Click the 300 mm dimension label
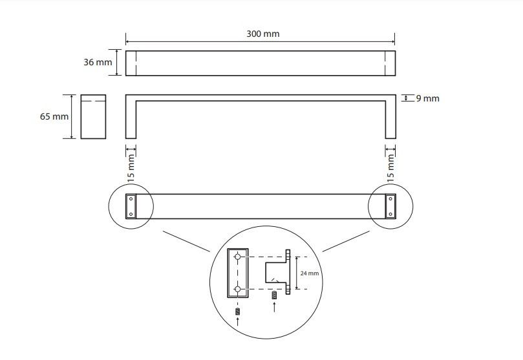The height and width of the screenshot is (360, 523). (x=263, y=34)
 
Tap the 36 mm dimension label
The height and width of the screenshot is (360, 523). (x=98, y=62)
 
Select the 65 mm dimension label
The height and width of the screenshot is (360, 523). (x=54, y=116)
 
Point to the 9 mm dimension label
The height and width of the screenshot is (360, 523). (x=427, y=98)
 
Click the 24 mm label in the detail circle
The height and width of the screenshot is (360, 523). (x=310, y=273)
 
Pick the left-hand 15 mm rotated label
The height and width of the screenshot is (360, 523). (x=131, y=168)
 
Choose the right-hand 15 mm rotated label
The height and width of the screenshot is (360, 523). (x=390, y=168)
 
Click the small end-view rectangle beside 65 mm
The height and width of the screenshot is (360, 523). (x=93, y=117)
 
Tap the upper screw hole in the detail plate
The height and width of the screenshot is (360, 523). (x=237, y=257)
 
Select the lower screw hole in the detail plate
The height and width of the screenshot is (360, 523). (x=237, y=289)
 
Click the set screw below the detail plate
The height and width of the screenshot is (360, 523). (x=237, y=312)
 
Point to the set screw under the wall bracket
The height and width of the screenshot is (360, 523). (x=274, y=295)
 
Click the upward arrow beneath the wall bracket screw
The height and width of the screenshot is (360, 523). (x=274, y=306)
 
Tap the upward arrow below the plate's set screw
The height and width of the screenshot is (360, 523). (x=237, y=321)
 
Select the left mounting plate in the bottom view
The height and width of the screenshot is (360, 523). (x=131, y=206)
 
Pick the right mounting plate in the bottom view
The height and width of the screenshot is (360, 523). (x=390, y=206)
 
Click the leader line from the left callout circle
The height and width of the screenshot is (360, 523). (x=186, y=241)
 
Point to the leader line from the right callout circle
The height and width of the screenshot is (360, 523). (x=347, y=241)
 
